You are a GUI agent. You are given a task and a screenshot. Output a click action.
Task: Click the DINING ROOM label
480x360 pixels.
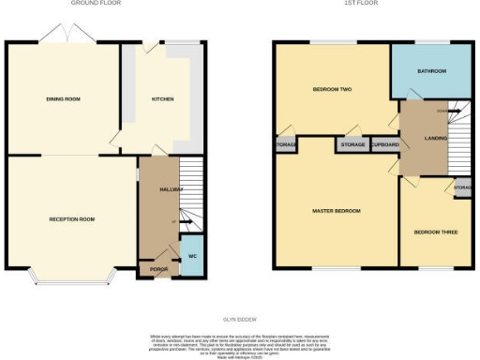(61, 98)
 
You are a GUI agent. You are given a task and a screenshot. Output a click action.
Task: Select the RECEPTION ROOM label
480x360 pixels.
(72, 219)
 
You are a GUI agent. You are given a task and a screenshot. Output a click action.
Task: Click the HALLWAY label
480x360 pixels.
(171, 189)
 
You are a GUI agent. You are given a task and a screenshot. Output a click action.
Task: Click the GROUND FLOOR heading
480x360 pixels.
(96, 4)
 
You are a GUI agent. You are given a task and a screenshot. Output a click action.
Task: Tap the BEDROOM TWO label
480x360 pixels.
(331, 90)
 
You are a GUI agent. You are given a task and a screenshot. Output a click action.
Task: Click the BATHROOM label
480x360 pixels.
(432, 71)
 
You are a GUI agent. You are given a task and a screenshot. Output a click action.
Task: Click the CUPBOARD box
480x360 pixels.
(384, 145)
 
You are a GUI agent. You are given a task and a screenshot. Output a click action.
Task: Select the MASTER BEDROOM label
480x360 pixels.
(336, 211)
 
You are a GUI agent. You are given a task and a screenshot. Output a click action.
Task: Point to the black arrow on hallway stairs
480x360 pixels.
(184, 222)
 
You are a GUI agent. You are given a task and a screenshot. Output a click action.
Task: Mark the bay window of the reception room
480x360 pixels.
(72, 276)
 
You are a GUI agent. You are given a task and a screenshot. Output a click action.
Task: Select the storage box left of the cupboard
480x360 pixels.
(352, 145)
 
